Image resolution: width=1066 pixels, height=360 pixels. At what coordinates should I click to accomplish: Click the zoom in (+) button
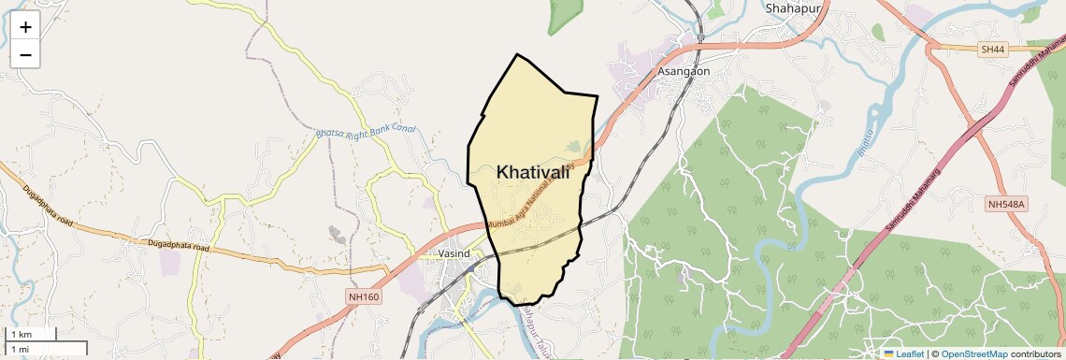coord(25,27)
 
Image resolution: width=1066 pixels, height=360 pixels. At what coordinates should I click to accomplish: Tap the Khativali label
coord(532,172)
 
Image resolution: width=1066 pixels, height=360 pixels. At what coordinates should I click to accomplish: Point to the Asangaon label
coord(684,71)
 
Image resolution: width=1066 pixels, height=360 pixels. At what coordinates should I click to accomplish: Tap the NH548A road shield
coord(1007,204)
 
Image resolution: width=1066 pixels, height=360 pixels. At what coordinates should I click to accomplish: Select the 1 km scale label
coord(20,335)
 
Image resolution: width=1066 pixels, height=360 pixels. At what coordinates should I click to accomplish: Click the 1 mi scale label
coord(20,349)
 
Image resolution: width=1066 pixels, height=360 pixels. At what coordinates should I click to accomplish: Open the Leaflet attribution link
coord(909,353)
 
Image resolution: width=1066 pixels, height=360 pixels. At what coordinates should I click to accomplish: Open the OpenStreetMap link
coord(973,353)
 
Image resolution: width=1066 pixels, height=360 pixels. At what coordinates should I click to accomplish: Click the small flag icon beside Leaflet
coord(888,353)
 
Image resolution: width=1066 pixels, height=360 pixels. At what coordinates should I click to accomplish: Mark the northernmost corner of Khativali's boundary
coord(517,54)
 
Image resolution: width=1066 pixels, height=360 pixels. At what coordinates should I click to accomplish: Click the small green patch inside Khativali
coord(574,146)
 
